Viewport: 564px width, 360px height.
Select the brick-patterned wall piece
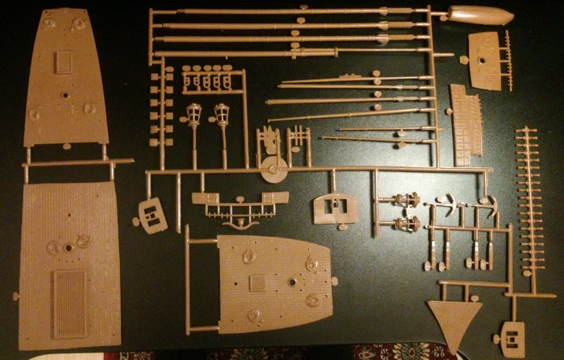pyautogui.click(x=466, y=125)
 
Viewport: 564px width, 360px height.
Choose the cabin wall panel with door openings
pyautogui.click(x=335, y=209)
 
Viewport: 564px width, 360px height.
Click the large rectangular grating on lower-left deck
pyautogui.click(x=70, y=303)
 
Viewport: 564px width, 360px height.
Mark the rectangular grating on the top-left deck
pyautogui.click(x=63, y=62)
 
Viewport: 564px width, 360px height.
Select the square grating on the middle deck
pyautogui.click(x=258, y=283)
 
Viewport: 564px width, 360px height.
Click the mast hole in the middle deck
pyautogui.click(x=292, y=282)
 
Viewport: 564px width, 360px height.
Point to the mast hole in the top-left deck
pyautogui.click(x=65, y=95)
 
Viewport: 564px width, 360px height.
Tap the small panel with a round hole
pyautogui.click(x=485, y=60)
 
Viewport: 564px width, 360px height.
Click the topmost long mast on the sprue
pyautogui.click(x=282, y=11)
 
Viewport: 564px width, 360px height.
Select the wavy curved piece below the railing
pyautogui.click(x=241, y=224)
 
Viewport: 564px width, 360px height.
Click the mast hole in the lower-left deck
pyautogui.click(x=69, y=248)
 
